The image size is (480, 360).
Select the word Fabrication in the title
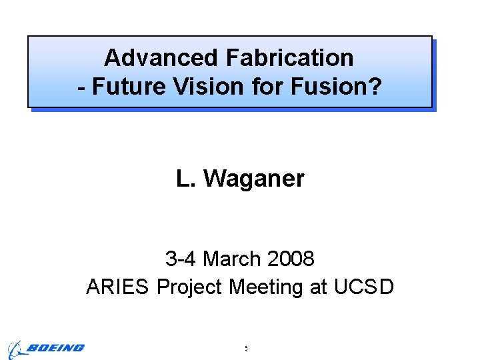(290, 58)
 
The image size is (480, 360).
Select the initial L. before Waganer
(185, 179)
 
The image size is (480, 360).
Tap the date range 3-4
(180, 258)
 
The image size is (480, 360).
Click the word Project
(190, 287)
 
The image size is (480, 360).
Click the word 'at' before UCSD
(318, 287)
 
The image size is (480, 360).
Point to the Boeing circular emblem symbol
(15, 349)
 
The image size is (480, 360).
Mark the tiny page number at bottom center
(245, 348)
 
